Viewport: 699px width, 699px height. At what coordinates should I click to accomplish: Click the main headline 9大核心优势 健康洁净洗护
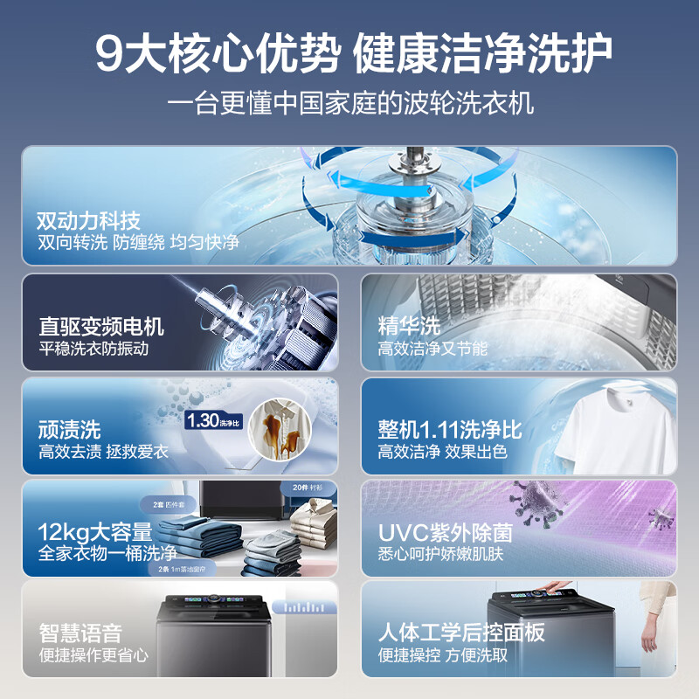[x=349, y=54]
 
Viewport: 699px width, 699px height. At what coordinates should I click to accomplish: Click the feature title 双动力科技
[x=88, y=220]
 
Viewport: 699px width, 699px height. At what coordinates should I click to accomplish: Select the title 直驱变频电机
[x=101, y=327]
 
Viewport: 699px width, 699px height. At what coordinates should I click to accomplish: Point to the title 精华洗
[x=409, y=327]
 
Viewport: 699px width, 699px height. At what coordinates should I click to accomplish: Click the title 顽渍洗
[x=70, y=429]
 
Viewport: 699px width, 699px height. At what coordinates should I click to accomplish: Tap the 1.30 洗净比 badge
[x=211, y=421]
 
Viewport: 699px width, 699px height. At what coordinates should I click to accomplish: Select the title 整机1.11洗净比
[x=450, y=429]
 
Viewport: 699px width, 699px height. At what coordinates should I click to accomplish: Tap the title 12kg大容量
[x=95, y=531]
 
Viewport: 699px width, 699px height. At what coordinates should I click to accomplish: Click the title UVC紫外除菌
[x=445, y=532]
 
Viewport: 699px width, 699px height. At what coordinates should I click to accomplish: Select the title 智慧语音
[x=81, y=633]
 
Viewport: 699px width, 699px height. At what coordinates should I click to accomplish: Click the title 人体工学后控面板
[x=461, y=633]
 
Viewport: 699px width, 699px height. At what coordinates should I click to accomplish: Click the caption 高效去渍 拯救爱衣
[x=103, y=452]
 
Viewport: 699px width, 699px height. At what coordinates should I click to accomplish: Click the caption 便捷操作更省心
[x=93, y=654]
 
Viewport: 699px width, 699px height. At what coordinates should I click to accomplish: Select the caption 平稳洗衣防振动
[x=93, y=349]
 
